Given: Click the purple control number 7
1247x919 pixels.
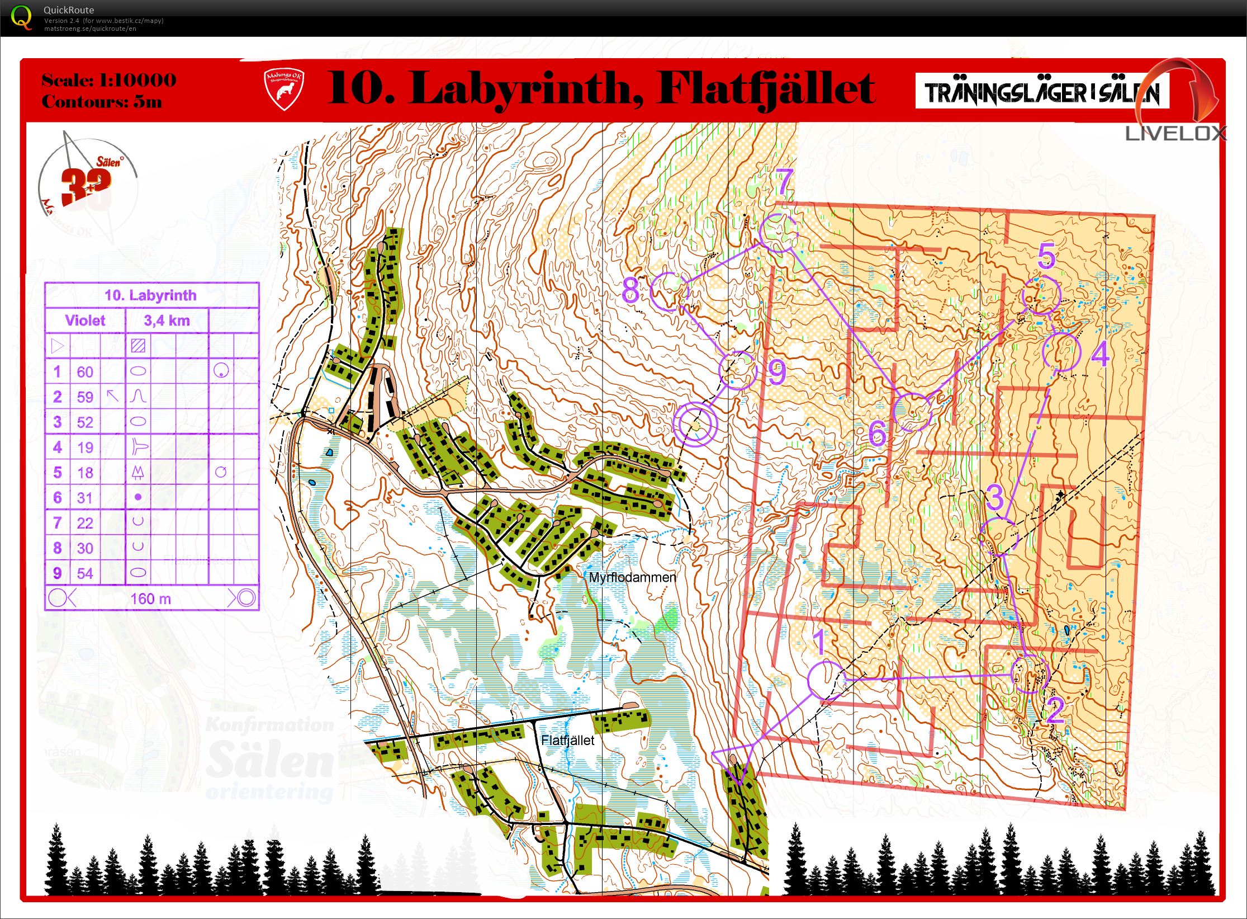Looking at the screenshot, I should click(785, 181).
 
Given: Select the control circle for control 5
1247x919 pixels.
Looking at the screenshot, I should click(1040, 295).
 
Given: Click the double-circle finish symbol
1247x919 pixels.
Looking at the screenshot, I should click(694, 423).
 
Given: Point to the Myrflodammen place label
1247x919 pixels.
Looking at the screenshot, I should click(632, 577).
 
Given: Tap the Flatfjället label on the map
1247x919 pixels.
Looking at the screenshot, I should click(567, 740).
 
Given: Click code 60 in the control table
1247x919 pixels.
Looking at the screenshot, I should click(85, 372).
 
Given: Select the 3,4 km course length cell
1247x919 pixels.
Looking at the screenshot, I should click(167, 321).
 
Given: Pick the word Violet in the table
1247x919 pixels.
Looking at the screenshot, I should click(85, 321).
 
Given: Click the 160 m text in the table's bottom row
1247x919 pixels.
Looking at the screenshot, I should click(150, 599).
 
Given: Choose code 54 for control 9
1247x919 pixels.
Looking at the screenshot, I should click(85, 573).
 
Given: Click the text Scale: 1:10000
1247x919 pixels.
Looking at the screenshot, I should click(109, 80).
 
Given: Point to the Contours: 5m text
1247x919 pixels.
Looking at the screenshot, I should click(102, 102).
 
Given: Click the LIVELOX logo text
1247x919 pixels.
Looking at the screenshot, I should click(1175, 133).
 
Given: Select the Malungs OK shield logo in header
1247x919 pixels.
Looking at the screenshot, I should click(284, 89).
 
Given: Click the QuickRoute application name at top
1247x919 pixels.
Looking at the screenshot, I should click(69, 10).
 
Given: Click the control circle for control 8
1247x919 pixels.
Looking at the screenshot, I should click(669, 291).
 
